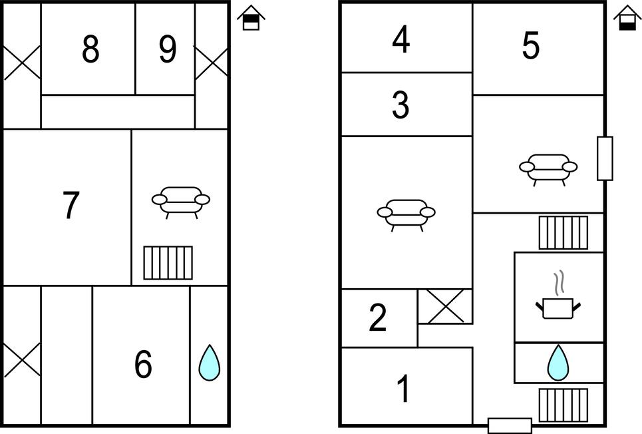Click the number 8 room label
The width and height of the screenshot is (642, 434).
coord(90,49)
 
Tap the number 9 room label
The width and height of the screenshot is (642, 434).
coord(168,49)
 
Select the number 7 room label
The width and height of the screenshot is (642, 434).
coord(71,205)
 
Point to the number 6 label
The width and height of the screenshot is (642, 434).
coord(143,365)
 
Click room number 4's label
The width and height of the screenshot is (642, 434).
coord(401,40)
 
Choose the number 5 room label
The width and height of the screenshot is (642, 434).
coord(530,46)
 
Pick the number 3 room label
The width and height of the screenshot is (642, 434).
coord(401,105)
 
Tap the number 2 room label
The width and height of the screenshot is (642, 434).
coord(377,318)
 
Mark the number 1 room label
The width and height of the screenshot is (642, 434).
coord(403,389)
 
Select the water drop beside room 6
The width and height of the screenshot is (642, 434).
coord(209,363)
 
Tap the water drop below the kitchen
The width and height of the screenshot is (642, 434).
coord(558,363)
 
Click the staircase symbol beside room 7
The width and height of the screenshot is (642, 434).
coord(168,263)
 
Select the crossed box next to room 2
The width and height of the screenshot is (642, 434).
coord(444,306)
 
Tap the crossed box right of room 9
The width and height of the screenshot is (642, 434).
coord(212,64)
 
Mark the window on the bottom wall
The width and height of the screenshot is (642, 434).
coord(510,425)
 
